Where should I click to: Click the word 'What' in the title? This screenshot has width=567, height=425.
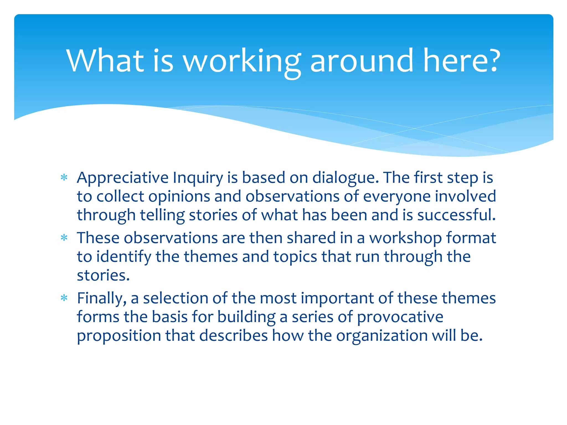(x=105, y=61)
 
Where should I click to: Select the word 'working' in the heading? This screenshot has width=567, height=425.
(x=242, y=62)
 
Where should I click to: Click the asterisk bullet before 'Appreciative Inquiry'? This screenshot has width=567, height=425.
(x=64, y=177)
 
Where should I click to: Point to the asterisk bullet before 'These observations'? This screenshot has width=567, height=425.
(x=64, y=238)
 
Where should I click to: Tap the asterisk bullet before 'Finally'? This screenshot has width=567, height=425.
(x=64, y=298)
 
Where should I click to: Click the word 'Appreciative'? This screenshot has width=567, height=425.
(x=123, y=178)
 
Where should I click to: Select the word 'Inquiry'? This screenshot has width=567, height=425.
(x=198, y=178)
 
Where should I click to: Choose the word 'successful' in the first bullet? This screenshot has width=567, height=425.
(x=456, y=215)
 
